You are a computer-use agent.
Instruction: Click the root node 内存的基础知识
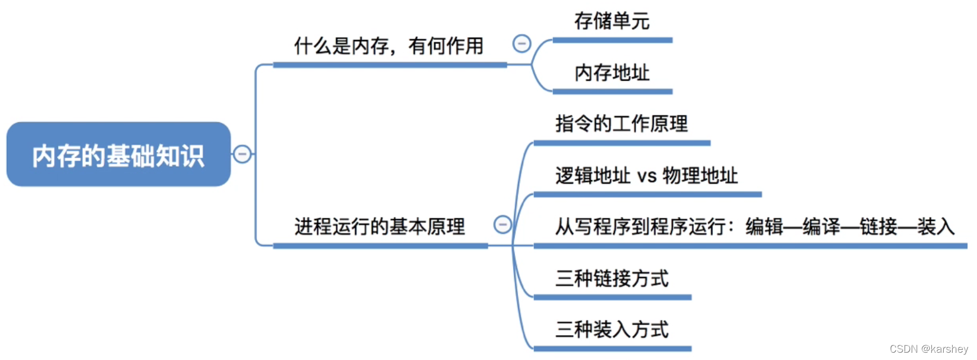[118, 155]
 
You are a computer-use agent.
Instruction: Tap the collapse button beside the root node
[242, 154]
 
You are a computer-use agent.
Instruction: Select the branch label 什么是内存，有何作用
[389, 46]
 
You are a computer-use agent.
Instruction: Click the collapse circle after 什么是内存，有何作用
[521, 43]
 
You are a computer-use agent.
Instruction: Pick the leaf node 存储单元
[612, 21]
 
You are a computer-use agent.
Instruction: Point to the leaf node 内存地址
[612, 73]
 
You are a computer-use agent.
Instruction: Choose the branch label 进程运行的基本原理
[380, 226]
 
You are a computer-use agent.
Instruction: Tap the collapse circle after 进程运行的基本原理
[502, 224]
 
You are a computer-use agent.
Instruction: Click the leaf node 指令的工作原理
[621, 124]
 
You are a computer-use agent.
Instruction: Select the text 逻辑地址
[592, 176]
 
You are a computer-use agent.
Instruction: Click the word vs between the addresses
[646, 176]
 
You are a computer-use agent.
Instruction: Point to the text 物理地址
[700, 176]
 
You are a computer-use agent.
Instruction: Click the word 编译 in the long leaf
[821, 226]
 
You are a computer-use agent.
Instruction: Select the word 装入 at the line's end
[936, 226]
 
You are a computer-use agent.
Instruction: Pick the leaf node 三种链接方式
[612, 278]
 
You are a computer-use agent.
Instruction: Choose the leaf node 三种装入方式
[612, 330]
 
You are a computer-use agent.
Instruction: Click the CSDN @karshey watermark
[929, 349]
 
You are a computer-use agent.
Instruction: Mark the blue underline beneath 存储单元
[612, 40]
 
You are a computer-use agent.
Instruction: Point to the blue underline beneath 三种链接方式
[612, 297]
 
